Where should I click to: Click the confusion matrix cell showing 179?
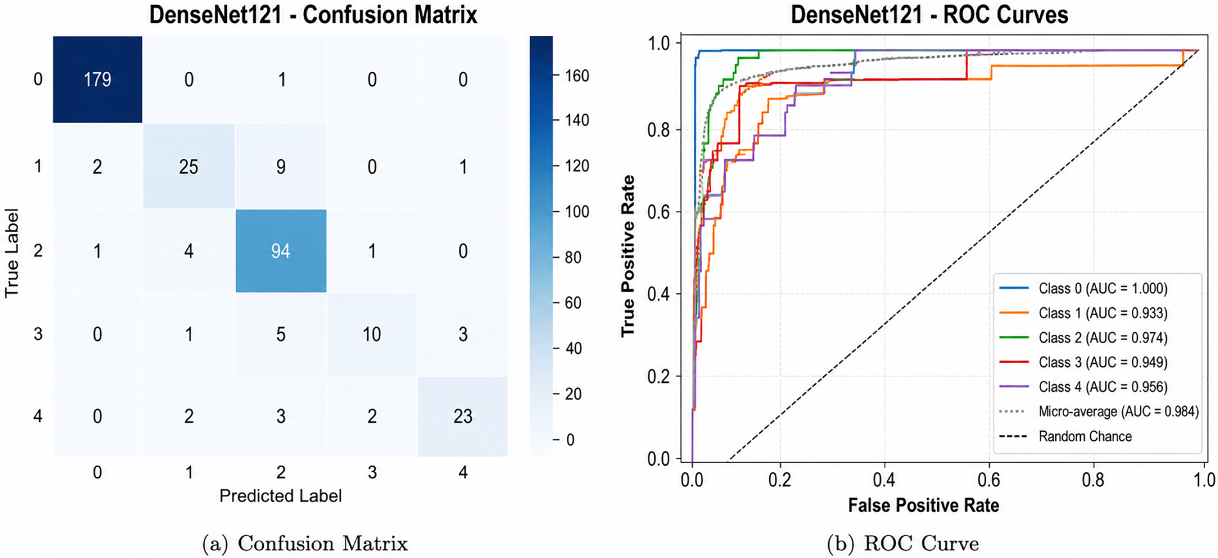coord(97,79)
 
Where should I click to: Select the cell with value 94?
coord(281,251)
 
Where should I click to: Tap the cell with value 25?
coord(188,166)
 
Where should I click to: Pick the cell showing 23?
coord(463,416)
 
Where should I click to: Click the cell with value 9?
coord(281,166)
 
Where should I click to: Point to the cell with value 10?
coord(372,334)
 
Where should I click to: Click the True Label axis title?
coord(12,253)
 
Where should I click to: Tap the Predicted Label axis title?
coord(280,496)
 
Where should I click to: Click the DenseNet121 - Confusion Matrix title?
coord(313,14)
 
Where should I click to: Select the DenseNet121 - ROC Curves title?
coord(930,14)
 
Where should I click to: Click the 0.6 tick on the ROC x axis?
coord(989,480)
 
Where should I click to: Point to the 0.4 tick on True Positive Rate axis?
coord(658,294)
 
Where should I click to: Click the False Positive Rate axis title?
coord(923,505)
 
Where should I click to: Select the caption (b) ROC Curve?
coord(903,544)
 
